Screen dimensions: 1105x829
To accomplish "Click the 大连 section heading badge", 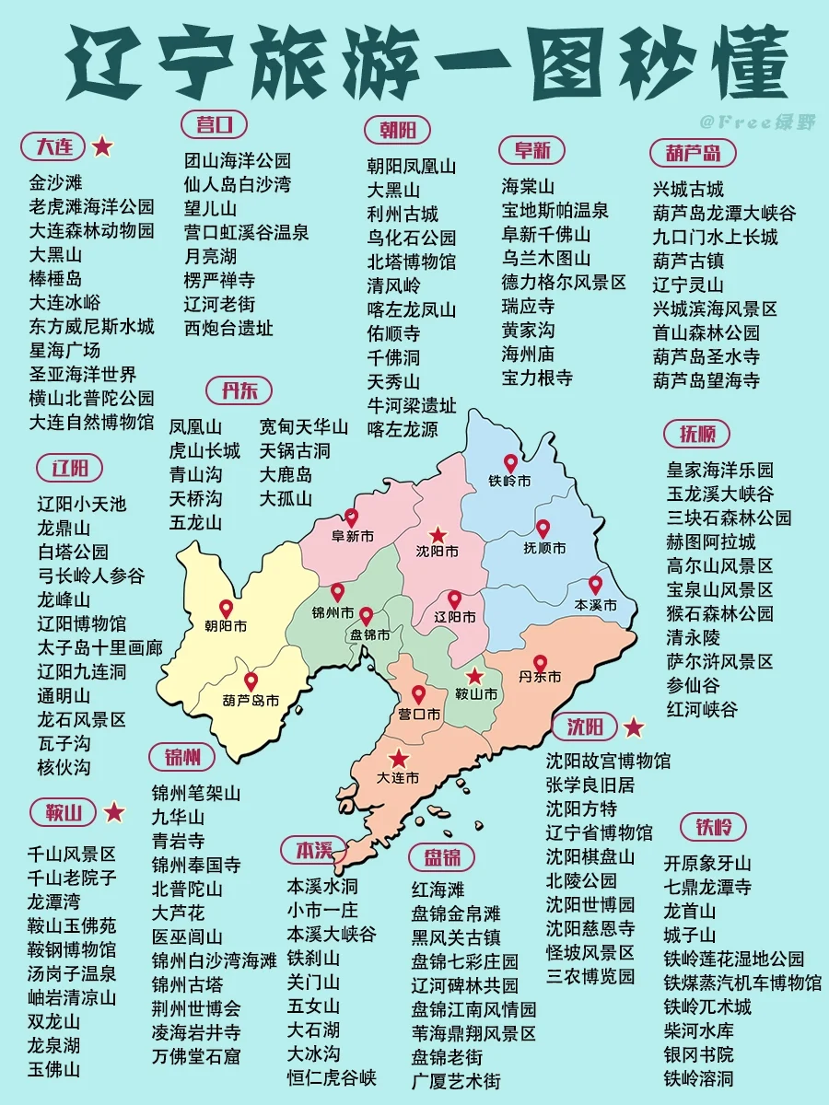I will [53, 146].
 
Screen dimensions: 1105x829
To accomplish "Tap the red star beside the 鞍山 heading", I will [114, 811].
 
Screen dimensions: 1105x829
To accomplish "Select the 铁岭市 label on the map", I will [509, 481].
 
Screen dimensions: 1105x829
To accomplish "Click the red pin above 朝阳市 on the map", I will [226, 609].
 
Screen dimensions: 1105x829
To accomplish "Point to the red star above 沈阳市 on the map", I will [438, 534].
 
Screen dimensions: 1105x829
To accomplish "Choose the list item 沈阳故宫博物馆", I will [608, 761].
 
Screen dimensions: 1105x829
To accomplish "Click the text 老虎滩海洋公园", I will [91, 206].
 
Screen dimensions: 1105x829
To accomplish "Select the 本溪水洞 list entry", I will [322, 886].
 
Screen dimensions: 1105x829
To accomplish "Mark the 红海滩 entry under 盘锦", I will [438, 890].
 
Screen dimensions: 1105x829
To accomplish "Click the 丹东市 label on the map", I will [540, 677].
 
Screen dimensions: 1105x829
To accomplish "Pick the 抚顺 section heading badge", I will [697, 434].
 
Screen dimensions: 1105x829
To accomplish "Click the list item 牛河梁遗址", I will [412, 405].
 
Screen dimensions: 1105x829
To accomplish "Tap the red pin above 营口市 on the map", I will [418, 694].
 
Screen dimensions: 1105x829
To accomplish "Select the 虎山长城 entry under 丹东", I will [204, 450].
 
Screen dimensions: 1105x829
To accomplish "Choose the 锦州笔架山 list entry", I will [196, 793].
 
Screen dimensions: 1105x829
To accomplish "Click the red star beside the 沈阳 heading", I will [634, 727].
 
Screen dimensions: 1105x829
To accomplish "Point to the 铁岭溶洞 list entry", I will [699, 1077].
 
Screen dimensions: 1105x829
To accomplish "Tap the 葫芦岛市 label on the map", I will [251, 701].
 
